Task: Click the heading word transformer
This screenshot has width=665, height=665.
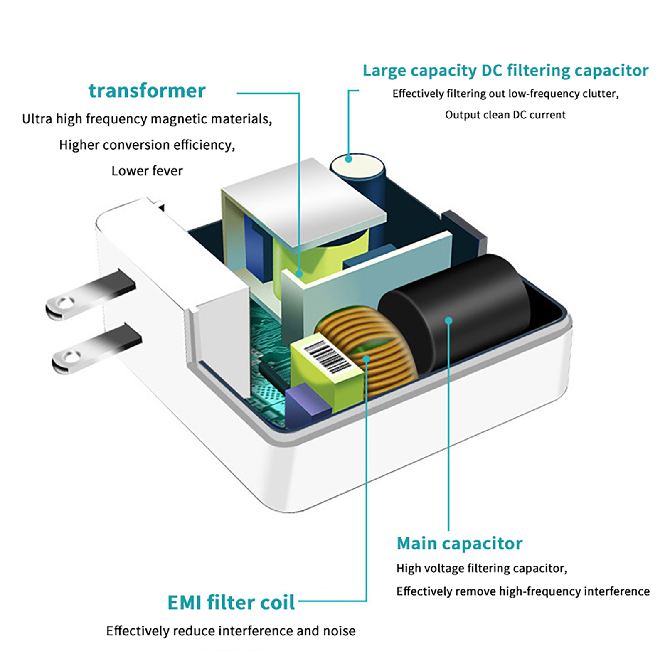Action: tap(147, 91)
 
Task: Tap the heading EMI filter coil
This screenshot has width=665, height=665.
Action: tap(231, 602)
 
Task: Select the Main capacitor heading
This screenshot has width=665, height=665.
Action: tap(459, 543)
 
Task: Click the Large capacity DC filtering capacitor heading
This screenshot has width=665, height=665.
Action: tap(505, 71)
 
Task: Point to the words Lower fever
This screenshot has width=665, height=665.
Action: tap(147, 171)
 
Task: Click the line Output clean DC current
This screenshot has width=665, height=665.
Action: tap(505, 115)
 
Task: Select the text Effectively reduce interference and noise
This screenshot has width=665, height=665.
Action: tap(231, 631)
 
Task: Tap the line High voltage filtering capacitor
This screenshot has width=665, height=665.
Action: tap(481, 568)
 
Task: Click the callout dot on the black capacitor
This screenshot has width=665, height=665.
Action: tap(448, 320)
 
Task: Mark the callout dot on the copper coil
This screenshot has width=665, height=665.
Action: tap(366, 359)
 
